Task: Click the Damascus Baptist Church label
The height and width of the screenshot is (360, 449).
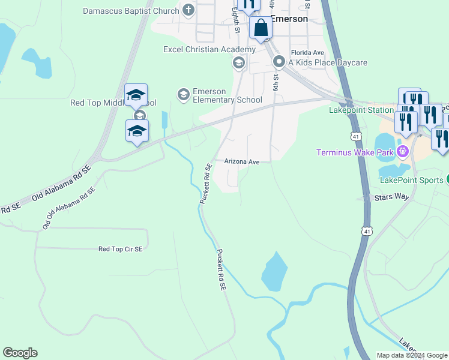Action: [x=131, y=11]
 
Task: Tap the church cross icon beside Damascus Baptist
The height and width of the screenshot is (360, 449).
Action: [x=188, y=10]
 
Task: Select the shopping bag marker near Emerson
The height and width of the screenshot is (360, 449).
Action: [x=261, y=28]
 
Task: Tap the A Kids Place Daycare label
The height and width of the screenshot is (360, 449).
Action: [x=327, y=62]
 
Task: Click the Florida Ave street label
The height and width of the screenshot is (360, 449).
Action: [x=307, y=53]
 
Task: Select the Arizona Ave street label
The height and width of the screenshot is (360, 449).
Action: [x=241, y=162]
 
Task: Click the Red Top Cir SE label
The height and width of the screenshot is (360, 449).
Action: [x=121, y=248]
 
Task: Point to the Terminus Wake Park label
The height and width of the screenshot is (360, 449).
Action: [x=355, y=152]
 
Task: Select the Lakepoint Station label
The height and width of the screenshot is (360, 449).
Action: [x=361, y=110]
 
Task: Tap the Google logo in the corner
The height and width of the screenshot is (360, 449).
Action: [x=20, y=353]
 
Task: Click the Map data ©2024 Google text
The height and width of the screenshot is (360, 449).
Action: [x=412, y=355]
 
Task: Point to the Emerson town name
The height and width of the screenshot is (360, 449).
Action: [x=289, y=19]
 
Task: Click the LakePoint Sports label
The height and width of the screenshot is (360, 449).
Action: [x=411, y=179]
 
